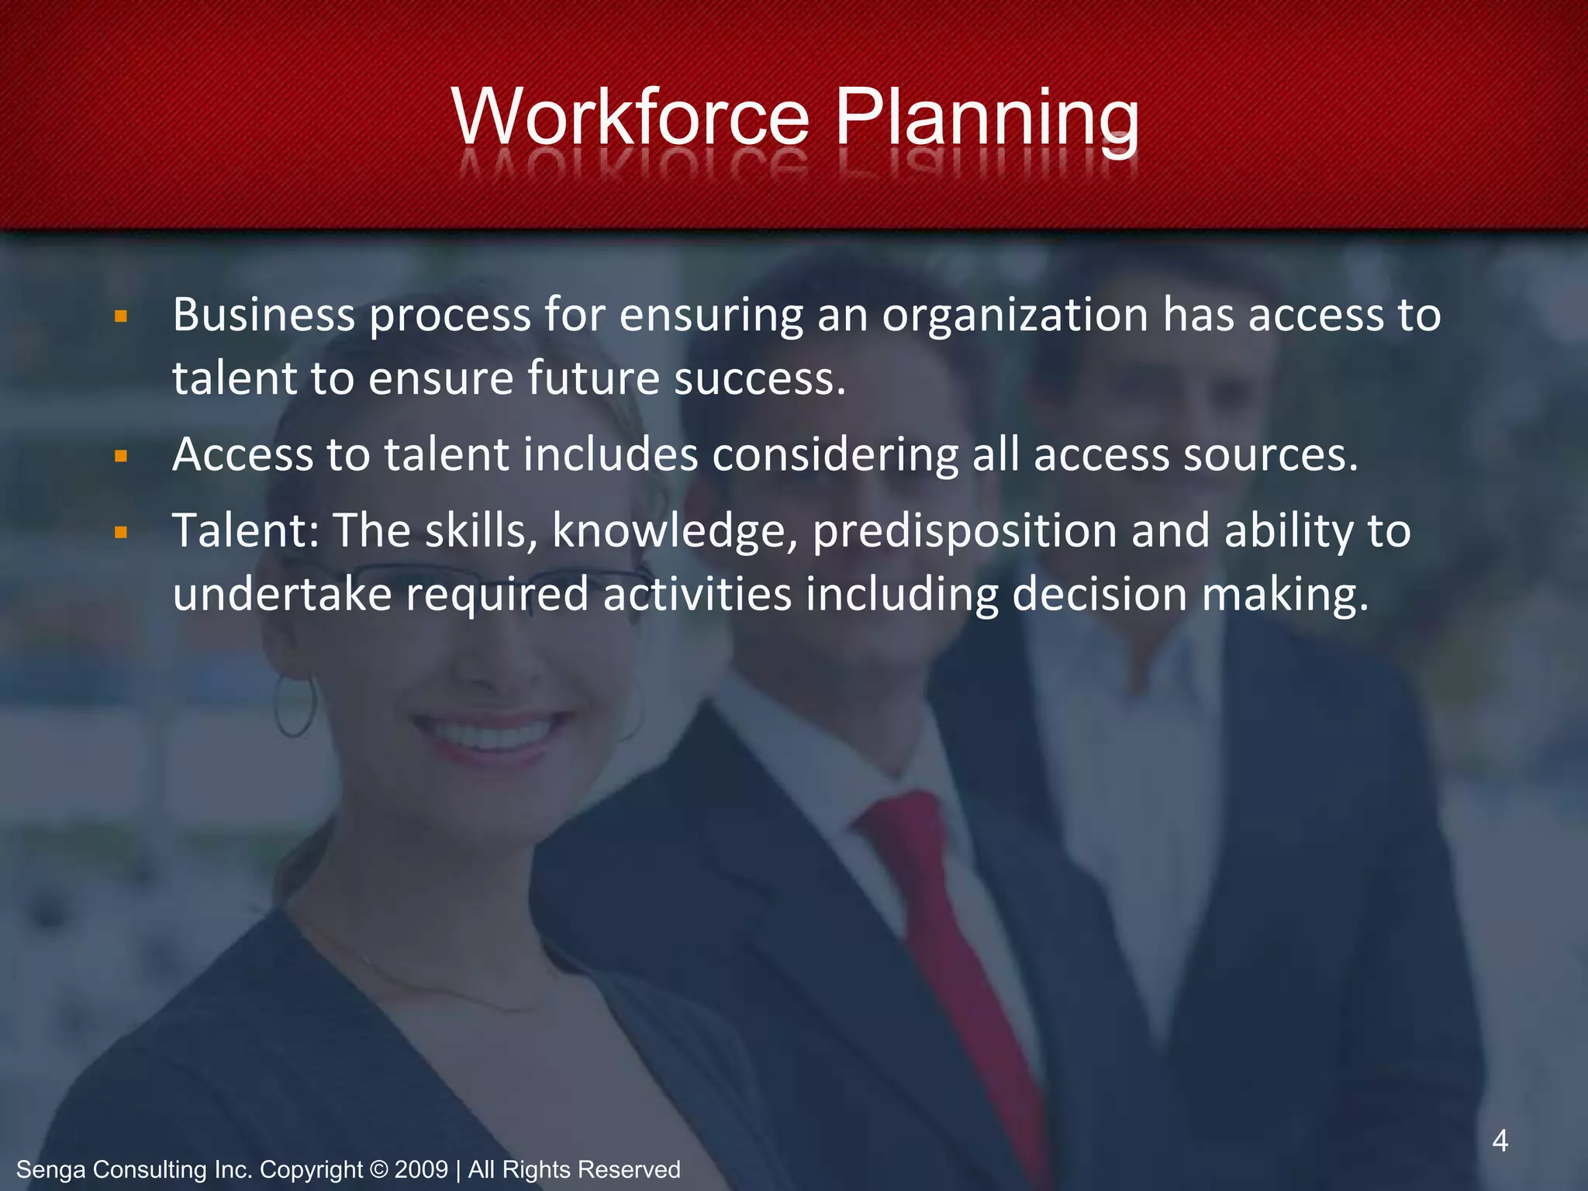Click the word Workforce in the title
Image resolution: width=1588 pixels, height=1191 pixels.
(x=630, y=118)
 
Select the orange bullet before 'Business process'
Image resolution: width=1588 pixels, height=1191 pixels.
(x=120, y=316)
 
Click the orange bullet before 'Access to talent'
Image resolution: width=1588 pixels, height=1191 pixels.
(x=120, y=456)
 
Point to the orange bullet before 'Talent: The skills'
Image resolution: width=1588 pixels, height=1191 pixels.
(x=120, y=533)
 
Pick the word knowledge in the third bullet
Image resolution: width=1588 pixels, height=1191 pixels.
(x=675, y=533)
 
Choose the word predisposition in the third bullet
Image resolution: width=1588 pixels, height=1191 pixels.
(x=965, y=533)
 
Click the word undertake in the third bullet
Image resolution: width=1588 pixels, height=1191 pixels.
(x=282, y=595)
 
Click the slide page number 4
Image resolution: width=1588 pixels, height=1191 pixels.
(x=1500, y=1141)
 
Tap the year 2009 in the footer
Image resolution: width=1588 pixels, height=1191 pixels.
(x=421, y=1169)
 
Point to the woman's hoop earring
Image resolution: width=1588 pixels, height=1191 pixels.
(x=295, y=706)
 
